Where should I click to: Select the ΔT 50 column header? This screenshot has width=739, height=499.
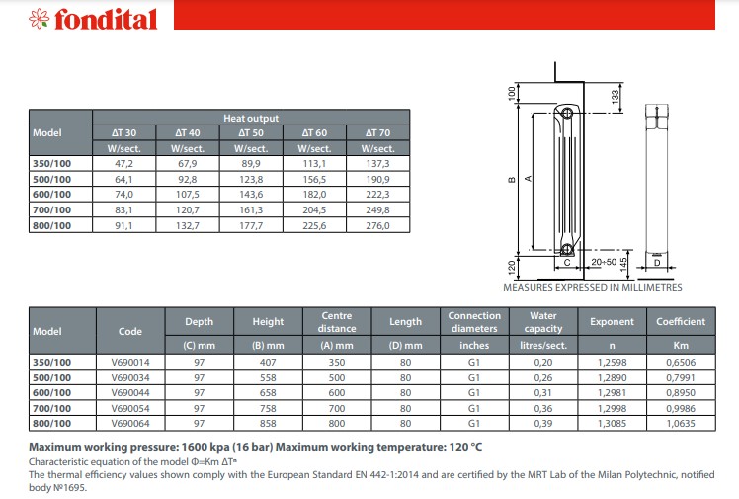point(251,132)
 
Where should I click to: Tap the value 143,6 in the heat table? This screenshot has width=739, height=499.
point(251,195)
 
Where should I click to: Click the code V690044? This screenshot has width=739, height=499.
point(130,393)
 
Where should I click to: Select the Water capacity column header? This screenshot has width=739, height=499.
point(543,322)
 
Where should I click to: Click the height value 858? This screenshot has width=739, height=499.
point(268,424)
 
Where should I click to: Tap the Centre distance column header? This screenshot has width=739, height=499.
point(337,322)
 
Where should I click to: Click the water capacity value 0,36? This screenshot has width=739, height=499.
point(543,409)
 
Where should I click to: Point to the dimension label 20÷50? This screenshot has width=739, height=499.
point(604,263)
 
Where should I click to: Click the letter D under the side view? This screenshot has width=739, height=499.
point(657,263)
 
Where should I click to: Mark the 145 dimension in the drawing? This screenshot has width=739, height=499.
point(624,259)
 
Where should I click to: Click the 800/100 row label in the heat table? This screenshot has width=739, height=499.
point(51,226)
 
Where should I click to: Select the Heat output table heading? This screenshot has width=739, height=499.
point(251,117)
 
